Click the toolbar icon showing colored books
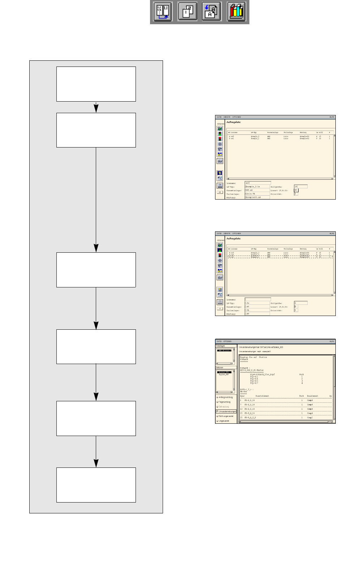click(x=236, y=12)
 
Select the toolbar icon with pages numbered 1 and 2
click(x=187, y=12)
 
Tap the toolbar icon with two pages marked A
click(x=211, y=12)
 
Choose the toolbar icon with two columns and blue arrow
click(x=163, y=12)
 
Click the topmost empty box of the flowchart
click(x=96, y=84)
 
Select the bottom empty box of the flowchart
click(x=96, y=485)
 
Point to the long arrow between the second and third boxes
click(x=96, y=199)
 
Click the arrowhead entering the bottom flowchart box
click(x=96, y=463)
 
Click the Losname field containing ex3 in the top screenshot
click(x=257, y=183)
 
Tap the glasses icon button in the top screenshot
click(x=220, y=161)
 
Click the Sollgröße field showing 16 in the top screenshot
click(x=301, y=187)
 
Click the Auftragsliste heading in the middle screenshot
click(x=233, y=239)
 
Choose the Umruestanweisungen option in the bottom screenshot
click(x=227, y=411)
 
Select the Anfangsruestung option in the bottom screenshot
click(x=226, y=397)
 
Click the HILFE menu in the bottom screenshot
click(x=331, y=341)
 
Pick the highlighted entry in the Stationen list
click(x=224, y=372)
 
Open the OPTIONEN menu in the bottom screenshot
click(x=227, y=341)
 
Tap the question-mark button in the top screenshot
click(x=220, y=185)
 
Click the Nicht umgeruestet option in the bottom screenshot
click(x=226, y=416)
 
